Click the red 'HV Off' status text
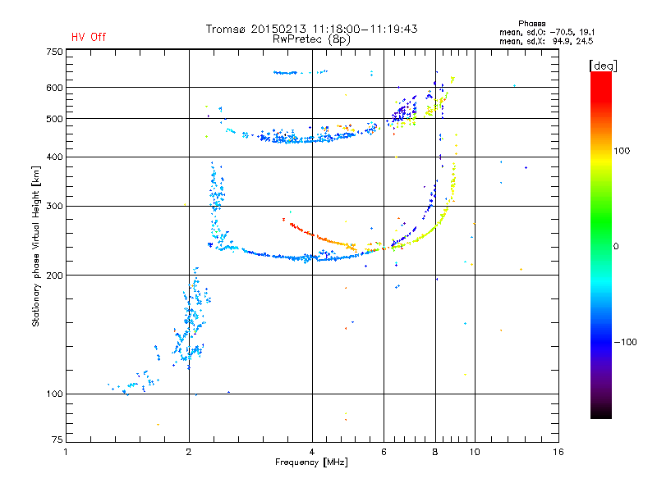(89, 37)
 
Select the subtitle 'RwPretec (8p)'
(311, 39)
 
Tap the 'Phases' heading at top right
(531, 24)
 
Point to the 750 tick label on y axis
(54, 52)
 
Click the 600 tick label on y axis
(54, 88)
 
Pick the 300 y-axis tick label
(54, 207)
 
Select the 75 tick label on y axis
(57, 440)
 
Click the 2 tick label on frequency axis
(189, 452)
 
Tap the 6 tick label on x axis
(384, 452)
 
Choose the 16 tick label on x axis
(558, 452)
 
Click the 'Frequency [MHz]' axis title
(312, 462)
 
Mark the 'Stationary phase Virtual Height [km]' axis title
(36, 247)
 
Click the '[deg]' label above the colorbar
(603, 66)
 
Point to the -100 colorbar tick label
(625, 342)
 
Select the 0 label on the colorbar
(616, 247)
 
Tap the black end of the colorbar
(601, 415)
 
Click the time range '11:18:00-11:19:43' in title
(365, 29)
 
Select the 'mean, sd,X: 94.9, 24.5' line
(546, 42)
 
